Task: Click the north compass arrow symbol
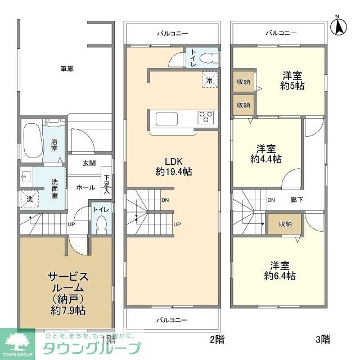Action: (339, 25)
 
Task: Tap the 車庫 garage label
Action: (67, 69)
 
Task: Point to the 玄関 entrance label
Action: (89, 163)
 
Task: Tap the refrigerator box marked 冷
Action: (209, 80)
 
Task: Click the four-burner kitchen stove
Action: (205, 118)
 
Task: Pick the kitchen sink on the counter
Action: (167, 119)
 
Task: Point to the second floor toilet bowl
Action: (206, 57)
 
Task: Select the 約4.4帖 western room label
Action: (266, 154)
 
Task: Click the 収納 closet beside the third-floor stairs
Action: (285, 223)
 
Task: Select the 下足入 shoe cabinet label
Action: (106, 185)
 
